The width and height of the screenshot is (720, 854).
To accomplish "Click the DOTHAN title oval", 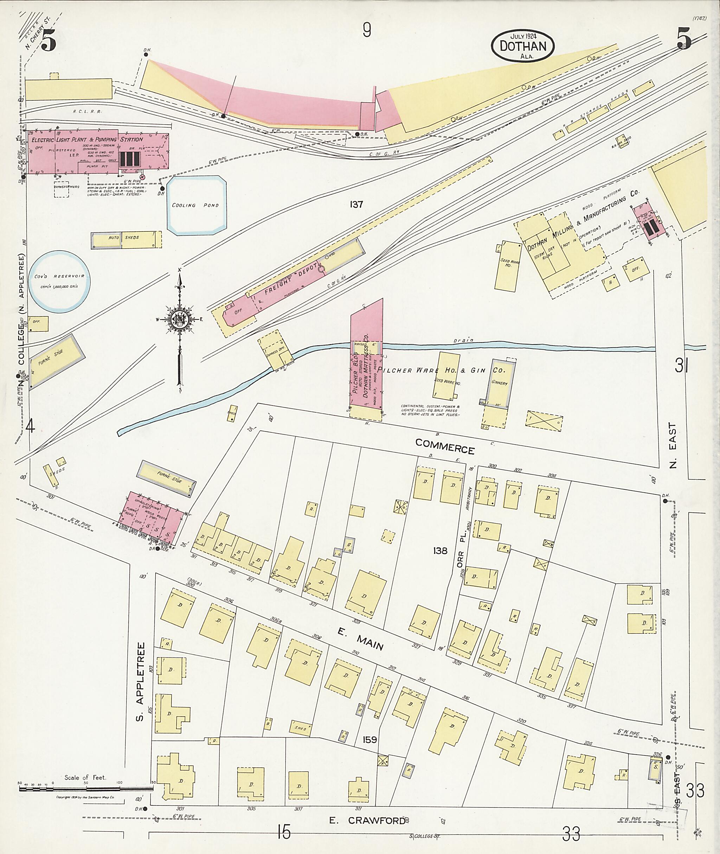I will click(523, 46).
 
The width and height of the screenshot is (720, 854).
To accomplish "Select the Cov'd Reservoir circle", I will click(60, 282).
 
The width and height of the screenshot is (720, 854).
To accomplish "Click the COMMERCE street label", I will click(445, 446).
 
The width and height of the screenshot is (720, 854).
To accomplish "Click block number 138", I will click(441, 551).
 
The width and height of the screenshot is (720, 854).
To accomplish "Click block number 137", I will click(356, 205).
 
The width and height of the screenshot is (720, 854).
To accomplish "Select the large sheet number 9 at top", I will click(367, 30).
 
